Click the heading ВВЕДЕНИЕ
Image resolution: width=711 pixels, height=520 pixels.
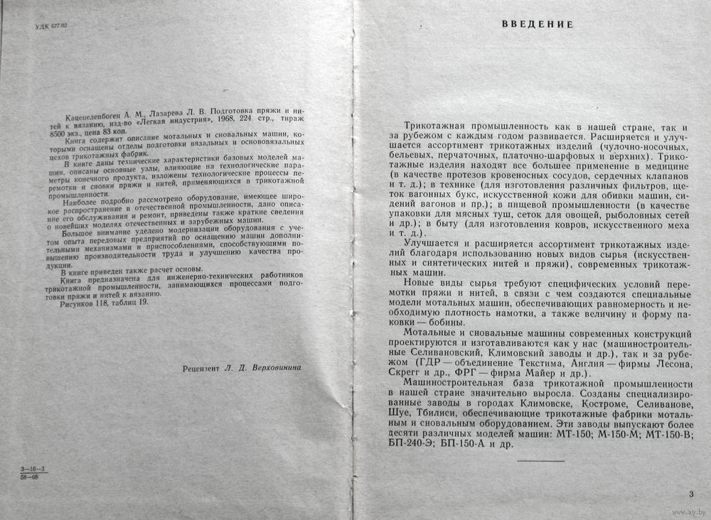[538, 24]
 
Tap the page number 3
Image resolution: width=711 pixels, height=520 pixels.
[691, 494]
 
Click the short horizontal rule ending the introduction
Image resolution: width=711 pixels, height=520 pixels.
[541, 462]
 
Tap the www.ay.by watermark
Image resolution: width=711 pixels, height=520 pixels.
[683, 511]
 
